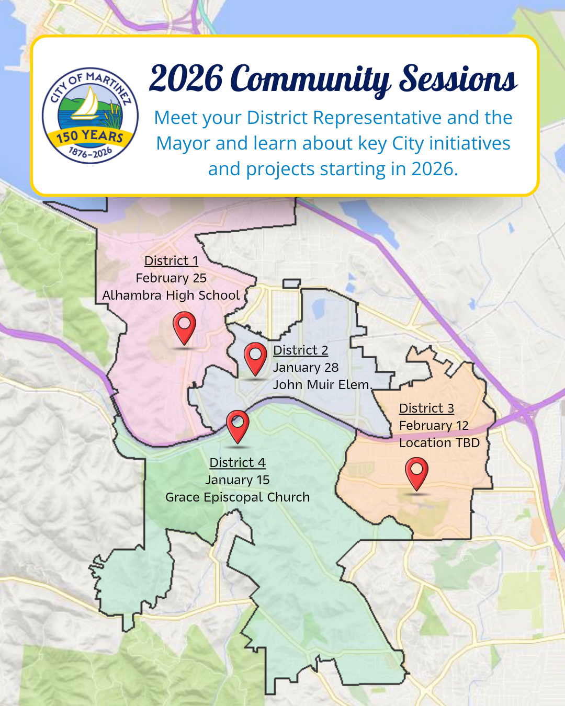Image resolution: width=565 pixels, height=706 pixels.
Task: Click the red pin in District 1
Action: [184, 328]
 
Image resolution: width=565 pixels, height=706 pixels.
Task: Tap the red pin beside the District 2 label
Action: [255, 359]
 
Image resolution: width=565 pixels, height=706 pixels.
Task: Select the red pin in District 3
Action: [416, 474]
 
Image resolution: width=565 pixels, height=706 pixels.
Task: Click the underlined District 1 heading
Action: [172, 261]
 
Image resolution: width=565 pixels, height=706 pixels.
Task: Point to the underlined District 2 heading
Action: [300, 350]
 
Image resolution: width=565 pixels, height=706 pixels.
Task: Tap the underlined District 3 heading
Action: [426, 408]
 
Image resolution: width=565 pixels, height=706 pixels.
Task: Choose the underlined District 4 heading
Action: [238, 463]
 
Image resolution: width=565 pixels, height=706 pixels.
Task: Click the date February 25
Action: [171, 278]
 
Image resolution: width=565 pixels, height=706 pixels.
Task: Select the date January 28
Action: [306, 368]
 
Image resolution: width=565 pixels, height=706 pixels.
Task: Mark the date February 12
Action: [434, 426]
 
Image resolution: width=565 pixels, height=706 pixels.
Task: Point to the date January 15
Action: [238, 480]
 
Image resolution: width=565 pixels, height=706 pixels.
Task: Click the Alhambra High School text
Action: [171, 295]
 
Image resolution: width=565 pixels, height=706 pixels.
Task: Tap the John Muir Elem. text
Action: [322, 384]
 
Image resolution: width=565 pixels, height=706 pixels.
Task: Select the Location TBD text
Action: [439, 443]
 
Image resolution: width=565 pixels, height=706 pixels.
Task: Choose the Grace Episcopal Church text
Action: [238, 497]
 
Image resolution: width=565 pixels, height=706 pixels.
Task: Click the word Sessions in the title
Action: [458, 79]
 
